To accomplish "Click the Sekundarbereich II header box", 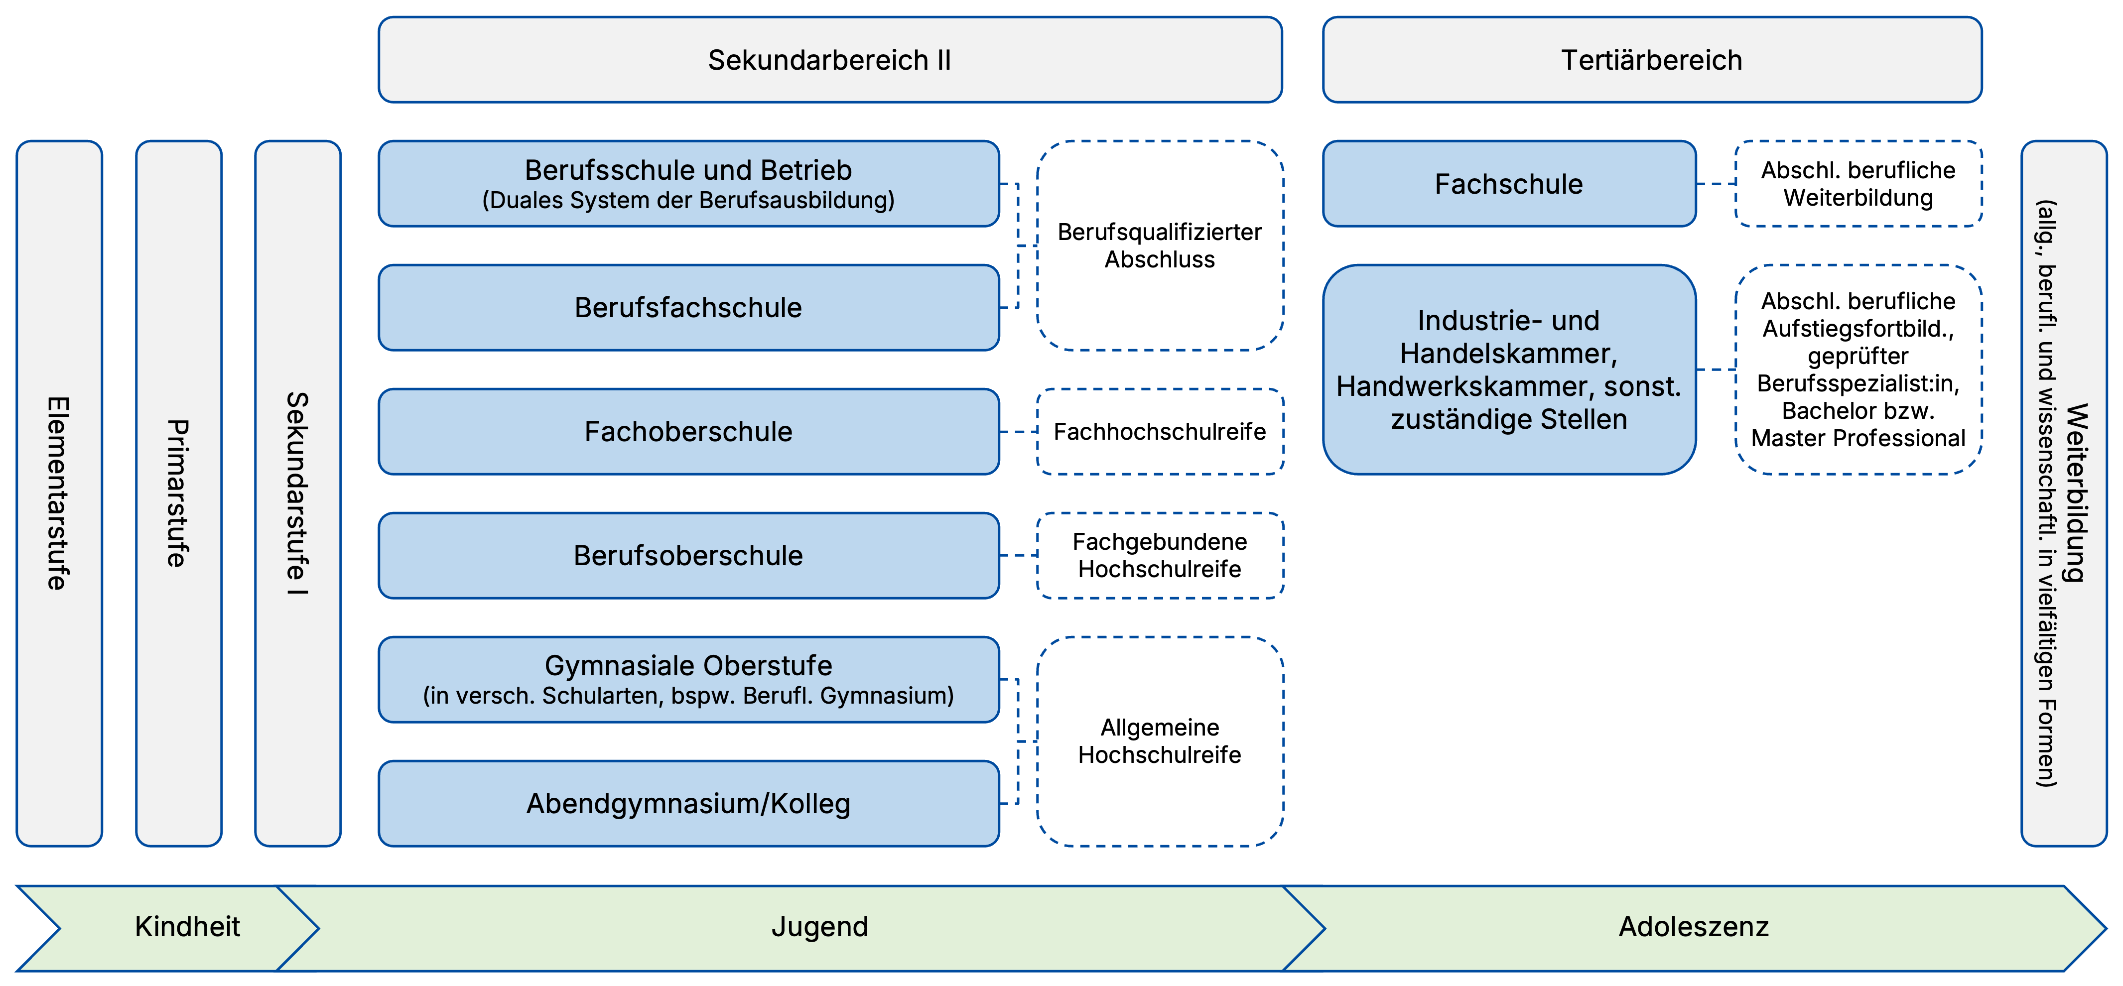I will coord(830,60).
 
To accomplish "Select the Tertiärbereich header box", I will coord(1652,60).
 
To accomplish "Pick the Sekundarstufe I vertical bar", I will coord(297,493).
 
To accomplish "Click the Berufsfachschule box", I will coord(688,307).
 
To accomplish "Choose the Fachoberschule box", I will coord(688,432).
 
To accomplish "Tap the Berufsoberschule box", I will coord(688,555).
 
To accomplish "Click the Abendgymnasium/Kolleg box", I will coord(688,803).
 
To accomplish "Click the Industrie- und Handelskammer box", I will coord(1509,369).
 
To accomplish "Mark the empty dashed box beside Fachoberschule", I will coord(1160,432).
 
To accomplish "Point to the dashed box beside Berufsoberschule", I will coord(1160,555).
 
